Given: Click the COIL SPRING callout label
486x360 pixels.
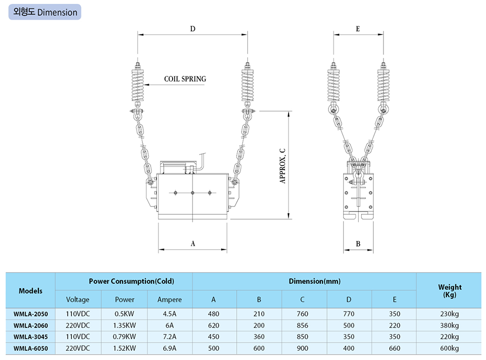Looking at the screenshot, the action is click(x=185, y=79).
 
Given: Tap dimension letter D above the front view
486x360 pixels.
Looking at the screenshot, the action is click(x=193, y=29).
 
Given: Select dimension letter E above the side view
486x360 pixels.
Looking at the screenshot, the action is click(x=358, y=29).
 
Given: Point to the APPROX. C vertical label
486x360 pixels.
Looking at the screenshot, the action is click(x=282, y=166).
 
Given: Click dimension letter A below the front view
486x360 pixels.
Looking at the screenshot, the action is click(x=193, y=244).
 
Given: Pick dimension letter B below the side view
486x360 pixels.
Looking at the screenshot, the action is click(x=358, y=244).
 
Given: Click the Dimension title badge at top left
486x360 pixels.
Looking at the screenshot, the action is click(x=45, y=12).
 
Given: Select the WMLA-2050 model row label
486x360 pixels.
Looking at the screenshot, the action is click(x=31, y=314).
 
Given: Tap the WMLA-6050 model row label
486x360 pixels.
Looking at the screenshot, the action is click(x=31, y=348).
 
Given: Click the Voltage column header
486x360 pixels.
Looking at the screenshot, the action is click(x=77, y=300).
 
